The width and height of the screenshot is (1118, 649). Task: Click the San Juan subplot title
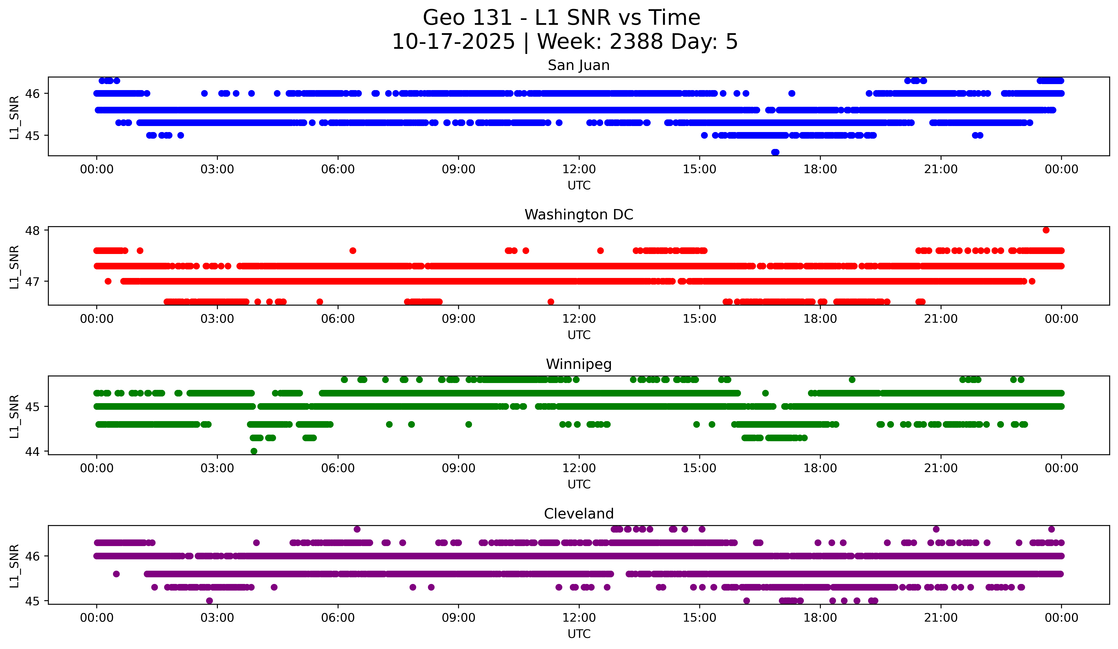(x=579, y=65)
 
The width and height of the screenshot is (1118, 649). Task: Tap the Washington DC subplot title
(x=579, y=215)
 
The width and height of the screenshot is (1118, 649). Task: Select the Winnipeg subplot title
(x=579, y=364)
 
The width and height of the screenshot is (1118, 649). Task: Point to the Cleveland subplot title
(x=579, y=514)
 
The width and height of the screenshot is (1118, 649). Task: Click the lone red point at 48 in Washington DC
(x=1046, y=230)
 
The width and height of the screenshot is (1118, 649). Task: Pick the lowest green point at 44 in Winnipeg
(x=254, y=451)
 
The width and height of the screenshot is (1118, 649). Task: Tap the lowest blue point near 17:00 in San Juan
(x=775, y=152)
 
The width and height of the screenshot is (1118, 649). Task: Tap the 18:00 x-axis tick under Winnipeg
(x=820, y=468)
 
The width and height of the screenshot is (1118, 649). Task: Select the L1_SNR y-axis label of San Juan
(x=14, y=117)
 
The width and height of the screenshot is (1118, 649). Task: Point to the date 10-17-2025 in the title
(x=453, y=42)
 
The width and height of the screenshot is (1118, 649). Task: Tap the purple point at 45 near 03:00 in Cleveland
(x=209, y=601)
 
